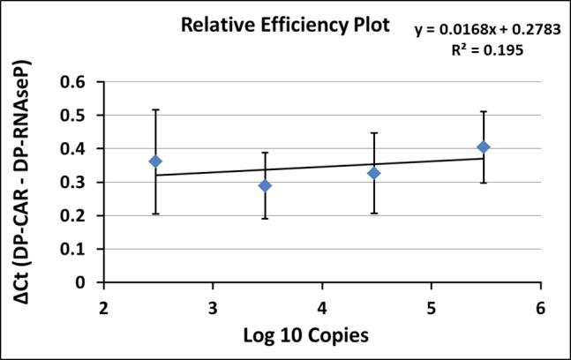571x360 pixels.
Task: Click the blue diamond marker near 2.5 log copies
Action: (x=155, y=161)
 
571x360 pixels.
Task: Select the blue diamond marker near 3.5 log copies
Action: (x=265, y=185)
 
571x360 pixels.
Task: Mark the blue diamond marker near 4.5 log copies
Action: (x=373, y=173)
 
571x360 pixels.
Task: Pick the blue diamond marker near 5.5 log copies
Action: (x=483, y=147)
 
